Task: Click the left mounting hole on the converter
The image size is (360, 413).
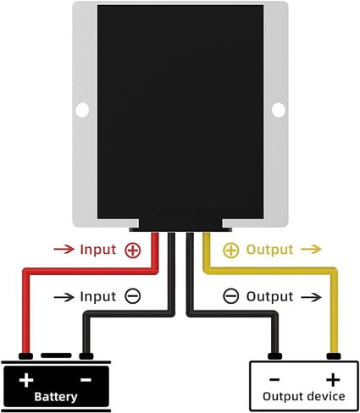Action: point(82,109)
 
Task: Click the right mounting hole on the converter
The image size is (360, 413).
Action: point(279,110)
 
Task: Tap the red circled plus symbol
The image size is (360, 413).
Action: point(133,250)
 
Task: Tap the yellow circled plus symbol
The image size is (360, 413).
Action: point(231,250)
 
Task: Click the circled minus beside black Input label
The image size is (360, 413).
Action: point(133,296)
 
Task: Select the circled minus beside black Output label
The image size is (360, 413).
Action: point(231,296)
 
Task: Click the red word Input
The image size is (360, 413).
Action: point(98,251)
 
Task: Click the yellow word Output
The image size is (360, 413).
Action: point(269,250)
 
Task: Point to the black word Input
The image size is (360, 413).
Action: point(98,297)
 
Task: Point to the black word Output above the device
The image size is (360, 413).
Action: point(269,296)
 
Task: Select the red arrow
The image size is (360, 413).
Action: point(64,249)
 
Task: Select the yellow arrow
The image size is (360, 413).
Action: point(311,249)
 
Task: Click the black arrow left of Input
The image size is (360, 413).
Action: point(64,297)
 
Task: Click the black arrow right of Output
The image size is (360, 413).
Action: point(311,297)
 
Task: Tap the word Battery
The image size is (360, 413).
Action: point(56,397)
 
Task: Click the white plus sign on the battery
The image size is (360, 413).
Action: point(26,380)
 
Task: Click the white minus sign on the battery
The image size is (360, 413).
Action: point(86,380)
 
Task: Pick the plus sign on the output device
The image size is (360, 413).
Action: point(333,380)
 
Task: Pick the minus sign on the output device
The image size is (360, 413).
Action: point(274,379)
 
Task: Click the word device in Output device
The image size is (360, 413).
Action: point(326,396)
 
